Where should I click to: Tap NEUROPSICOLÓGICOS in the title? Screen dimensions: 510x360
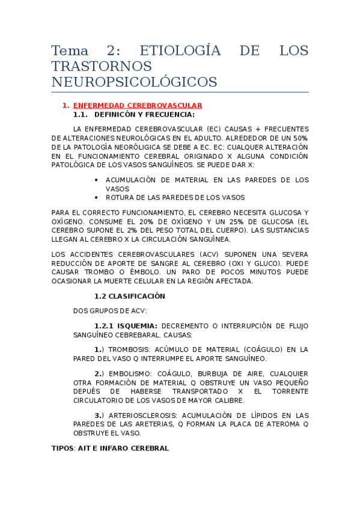[134, 81]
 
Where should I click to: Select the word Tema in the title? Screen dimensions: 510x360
[70, 51]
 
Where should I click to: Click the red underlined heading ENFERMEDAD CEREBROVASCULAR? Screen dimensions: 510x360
[138, 105]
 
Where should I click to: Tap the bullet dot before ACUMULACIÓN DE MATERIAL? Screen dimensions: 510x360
[97, 180]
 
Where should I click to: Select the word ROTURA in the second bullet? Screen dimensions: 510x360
[120, 197]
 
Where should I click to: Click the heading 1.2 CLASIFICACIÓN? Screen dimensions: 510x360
[129, 296]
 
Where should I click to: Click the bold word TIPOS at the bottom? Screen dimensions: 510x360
[63, 448]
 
